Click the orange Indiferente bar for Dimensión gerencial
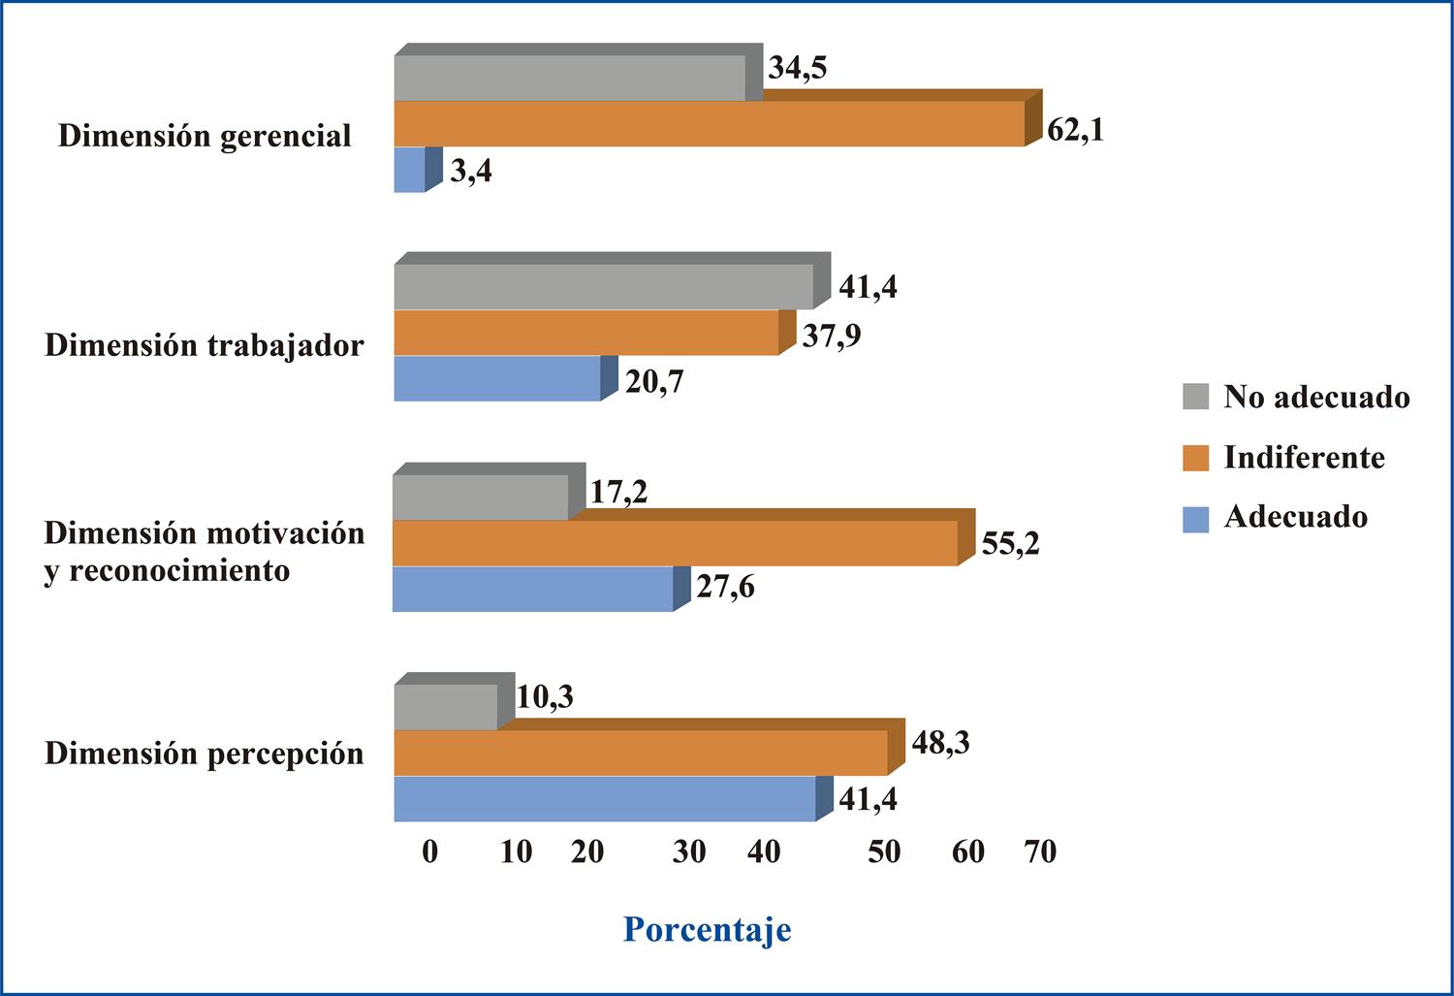[709, 124]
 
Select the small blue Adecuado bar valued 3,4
[410, 171]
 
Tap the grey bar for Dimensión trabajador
[603, 287]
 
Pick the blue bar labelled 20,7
[497, 378]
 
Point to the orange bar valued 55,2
[675, 543]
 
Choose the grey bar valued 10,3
[446, 708]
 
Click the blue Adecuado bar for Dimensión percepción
[605, 799]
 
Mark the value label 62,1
[1075, 129]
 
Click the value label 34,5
[797, 69]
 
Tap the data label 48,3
[940, 744]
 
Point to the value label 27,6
[725, 587]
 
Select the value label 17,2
[618, 493]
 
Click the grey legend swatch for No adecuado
[1196, 397]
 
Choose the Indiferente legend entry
[1304, 457]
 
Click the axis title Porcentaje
[707, 929]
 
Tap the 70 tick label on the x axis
[1040, 851]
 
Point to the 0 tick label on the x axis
[430, 851]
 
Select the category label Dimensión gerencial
[205, 136]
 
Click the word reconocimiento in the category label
[179, 571]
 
